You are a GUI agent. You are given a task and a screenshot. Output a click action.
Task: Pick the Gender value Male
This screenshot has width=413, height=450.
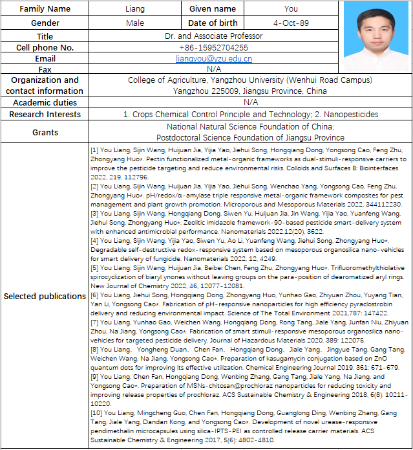click(136, 23)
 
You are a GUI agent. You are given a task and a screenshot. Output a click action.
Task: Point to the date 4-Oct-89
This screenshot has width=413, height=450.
click(291, 23)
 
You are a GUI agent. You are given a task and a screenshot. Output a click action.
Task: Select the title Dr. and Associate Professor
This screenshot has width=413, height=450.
click(213, 36)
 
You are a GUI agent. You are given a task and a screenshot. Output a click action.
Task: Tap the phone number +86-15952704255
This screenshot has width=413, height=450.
click(213, 47)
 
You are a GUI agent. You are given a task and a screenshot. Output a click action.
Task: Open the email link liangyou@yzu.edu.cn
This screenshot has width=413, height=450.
click(213, 58)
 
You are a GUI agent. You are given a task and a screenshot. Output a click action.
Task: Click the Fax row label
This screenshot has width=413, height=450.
click(45, 69)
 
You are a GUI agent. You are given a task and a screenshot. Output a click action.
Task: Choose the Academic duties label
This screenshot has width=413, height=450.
click(45, 102)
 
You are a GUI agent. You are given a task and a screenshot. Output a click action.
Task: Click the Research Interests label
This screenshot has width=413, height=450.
click(45, 115)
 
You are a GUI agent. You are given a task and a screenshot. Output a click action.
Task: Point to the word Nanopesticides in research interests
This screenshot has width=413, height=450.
click(350, 115)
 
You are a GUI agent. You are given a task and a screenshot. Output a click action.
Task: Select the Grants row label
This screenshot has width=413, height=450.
click(45, 132)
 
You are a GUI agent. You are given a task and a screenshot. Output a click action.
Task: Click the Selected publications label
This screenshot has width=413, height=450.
click(45, 296)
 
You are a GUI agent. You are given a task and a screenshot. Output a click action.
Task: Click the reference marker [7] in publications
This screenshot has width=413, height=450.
click(95, 322)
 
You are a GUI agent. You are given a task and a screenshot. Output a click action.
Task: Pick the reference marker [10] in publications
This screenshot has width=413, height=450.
click(97, 412)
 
